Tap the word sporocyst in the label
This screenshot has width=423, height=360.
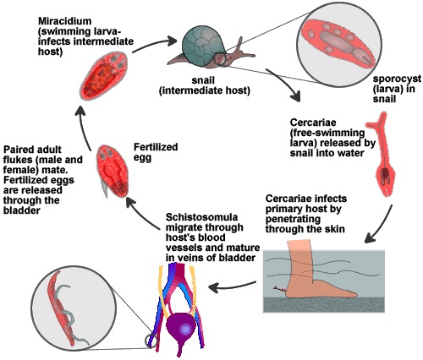(x=394, y=80)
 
